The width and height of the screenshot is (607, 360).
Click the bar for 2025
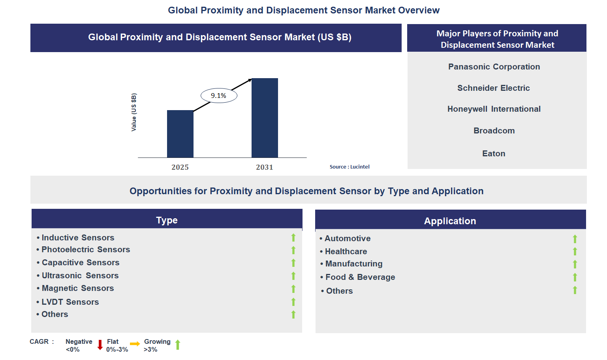(x=180, y=134)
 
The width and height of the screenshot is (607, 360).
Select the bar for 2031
(x=265, y=118)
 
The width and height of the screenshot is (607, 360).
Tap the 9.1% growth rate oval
(x=219, y=96)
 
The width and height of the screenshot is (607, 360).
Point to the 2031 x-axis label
(x=264, y=167)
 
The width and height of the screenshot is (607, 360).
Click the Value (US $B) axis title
(x=134, y=112)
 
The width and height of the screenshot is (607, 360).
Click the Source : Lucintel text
(x=350, y=167)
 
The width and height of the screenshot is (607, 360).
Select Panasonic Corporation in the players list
(x=494, y=67)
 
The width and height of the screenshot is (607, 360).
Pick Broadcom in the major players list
(x=494, y=131)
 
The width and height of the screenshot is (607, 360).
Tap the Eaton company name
(x=493, y=154)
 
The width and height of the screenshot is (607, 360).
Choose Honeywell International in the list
(x=494, y=109)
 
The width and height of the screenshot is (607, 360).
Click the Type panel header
(x=167, y=220)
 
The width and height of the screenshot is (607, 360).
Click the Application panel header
(x=450, y=221)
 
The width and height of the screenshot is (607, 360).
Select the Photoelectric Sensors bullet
(x=86, y=249)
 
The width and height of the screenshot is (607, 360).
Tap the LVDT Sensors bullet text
(x=70, y=302)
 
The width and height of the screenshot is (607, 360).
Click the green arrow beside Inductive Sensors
(x=293, y=238)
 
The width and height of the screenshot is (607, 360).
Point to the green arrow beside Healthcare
(x=575, y=251)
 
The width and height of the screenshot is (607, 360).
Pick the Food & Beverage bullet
(x=360, y=277)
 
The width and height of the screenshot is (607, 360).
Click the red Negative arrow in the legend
(x=100, y=345)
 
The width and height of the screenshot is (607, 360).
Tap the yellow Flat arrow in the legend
(x=135, y=344)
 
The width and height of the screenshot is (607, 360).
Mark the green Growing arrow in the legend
(x=178, y=345)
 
